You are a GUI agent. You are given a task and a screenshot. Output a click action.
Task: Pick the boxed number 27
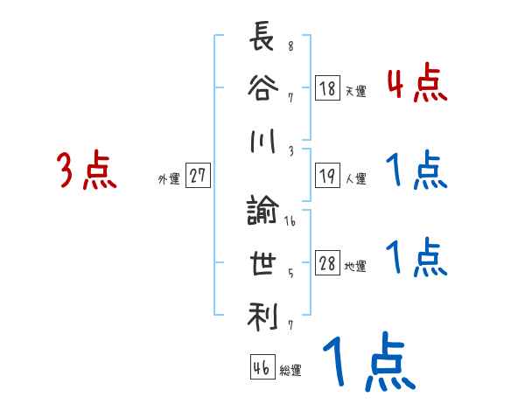[198, 176]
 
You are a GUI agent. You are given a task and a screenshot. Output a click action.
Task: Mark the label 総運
[290, 371]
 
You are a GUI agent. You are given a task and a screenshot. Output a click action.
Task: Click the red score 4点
[417, 85]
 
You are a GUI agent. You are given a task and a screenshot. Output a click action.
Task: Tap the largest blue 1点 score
[367, 362]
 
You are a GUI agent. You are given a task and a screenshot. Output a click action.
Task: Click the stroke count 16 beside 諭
[290, 222]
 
